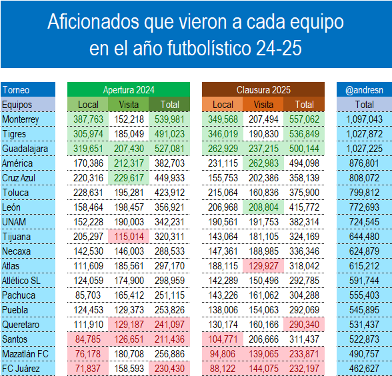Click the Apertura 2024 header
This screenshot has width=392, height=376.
[x=129, y=89]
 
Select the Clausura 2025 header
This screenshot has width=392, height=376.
[x=263, y=89]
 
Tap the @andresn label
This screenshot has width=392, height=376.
[x=364, y=89]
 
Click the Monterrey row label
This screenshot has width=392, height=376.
[x=21, y=119]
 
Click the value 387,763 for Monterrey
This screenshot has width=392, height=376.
[x=88, y=119]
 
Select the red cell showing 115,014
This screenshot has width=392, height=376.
[x=129, y=237]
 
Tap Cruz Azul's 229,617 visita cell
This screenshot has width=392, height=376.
[x=129, y=178]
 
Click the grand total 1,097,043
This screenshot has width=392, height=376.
[x=364, y=119]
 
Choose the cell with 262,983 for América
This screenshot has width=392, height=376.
[x=264, y=163]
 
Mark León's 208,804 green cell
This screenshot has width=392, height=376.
[x=264, y=207]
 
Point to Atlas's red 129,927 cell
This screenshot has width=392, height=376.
[x=264, y=266]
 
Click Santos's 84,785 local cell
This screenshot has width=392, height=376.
[x=88, y=339]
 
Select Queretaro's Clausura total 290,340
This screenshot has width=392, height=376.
[x=305, y=325]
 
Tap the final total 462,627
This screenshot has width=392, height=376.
[x=364, y=369]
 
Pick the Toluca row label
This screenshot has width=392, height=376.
[x=16, y=193]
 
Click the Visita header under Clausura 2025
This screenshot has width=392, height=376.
[x=264, y=105]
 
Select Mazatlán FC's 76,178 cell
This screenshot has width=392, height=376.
[x=88, y=354]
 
